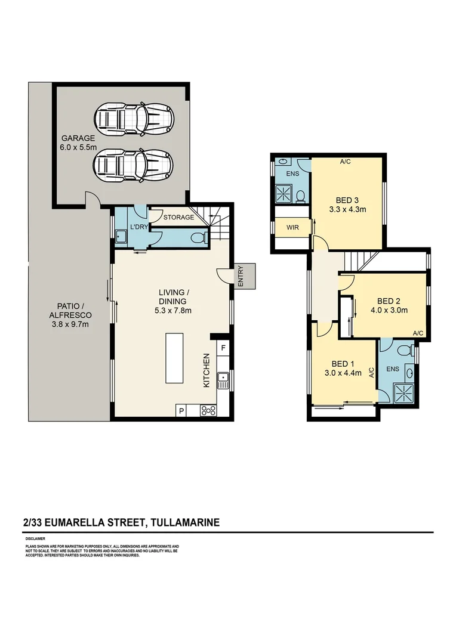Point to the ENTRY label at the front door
(241, 276)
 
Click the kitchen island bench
(177, 358)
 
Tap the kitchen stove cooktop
(209, 410)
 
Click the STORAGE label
(178, 218)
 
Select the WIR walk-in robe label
(291, 227)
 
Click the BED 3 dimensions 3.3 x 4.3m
(347, 209)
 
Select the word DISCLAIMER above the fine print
(34, 538)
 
